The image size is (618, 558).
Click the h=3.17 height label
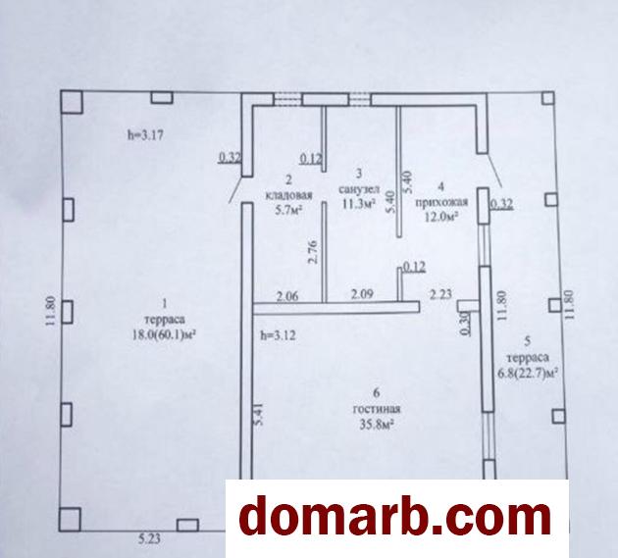pyautogui.click(x=144, y=135)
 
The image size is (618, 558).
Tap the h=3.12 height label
pyautogui.click(x=278, y=335)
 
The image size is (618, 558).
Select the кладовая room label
pyautogui.click(x=289, y=195)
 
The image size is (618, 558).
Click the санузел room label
pyautogui.click(x=359, y=189)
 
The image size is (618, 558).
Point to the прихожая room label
pyautogui.click(x=441, y=202)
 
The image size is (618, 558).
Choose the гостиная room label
pyautogui.click(x=377, y=409)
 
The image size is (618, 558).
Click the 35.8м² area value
pyautogui.click(x=377, y=425)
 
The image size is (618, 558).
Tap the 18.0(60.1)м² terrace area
pyautogui.click(x=165, y=334)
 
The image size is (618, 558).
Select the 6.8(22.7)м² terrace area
pyautogui.click(x=529, y=373)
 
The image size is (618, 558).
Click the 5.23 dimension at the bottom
pyautogui.click(x=149, y=538)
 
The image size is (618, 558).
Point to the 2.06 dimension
pyautogui.click(x=287, y=295)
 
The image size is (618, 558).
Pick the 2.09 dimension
pyautogui.click(x=362, y=294)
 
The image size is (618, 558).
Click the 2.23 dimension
pyautogui.click(x=440, y=294)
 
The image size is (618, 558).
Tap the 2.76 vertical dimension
pyautogui.click(x=314, y=252)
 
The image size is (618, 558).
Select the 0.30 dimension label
pyautogui.click(x=465, y=324)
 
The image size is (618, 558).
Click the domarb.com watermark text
pyautogui.click(x=395, y=517)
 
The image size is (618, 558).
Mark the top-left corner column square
pyautogui.click(x=72, y=102)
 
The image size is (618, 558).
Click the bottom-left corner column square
pyautogui.click(x=71, y=520)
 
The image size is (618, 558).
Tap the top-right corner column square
pyautogui.click(x=547, y=98)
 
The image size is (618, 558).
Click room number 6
pyautogui.click(x=377, y=392)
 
